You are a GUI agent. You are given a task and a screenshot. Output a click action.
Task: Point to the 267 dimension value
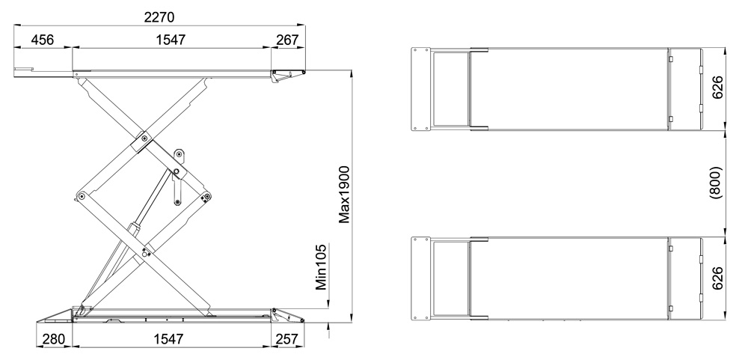287,39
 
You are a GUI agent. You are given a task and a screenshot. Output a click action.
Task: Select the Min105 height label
322,267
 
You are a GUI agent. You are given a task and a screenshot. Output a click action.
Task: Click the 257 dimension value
287,340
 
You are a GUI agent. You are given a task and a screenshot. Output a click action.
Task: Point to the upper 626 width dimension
716,91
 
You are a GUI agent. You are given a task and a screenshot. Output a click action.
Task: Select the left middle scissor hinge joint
80,196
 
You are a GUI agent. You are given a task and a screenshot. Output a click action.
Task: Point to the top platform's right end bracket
288,73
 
